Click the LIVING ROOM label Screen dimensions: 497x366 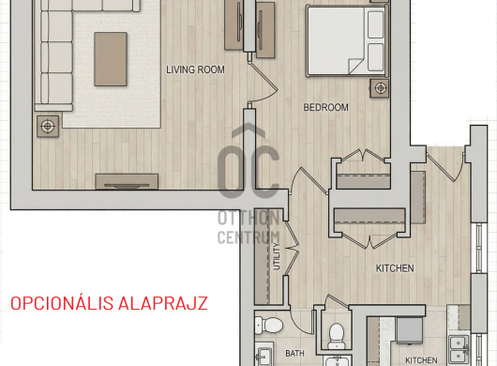[195, 69]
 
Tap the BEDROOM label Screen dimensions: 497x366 [325, 108]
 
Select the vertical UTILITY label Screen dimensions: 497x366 [277, 256]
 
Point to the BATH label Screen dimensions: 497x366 [294, 353]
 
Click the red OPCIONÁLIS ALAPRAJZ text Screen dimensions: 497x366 [110, 303]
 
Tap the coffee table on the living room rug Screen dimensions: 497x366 [111, 59]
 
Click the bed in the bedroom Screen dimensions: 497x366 [347, 41]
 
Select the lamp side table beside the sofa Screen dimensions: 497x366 [48, 127]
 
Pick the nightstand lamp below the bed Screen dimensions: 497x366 [380, 88]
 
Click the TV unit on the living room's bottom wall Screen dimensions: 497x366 [127, 181]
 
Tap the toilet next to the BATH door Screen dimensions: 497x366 [269, 325]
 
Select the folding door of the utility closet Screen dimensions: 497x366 [293, 248]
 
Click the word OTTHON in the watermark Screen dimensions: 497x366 [248, 219]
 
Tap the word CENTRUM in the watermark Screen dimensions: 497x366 [248, 237]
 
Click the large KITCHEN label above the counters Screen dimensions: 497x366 [395, 268]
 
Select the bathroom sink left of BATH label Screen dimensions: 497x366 [264, 356]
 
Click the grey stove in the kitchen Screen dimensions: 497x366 [410, 330]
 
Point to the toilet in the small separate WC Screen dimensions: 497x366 [336, 336]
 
